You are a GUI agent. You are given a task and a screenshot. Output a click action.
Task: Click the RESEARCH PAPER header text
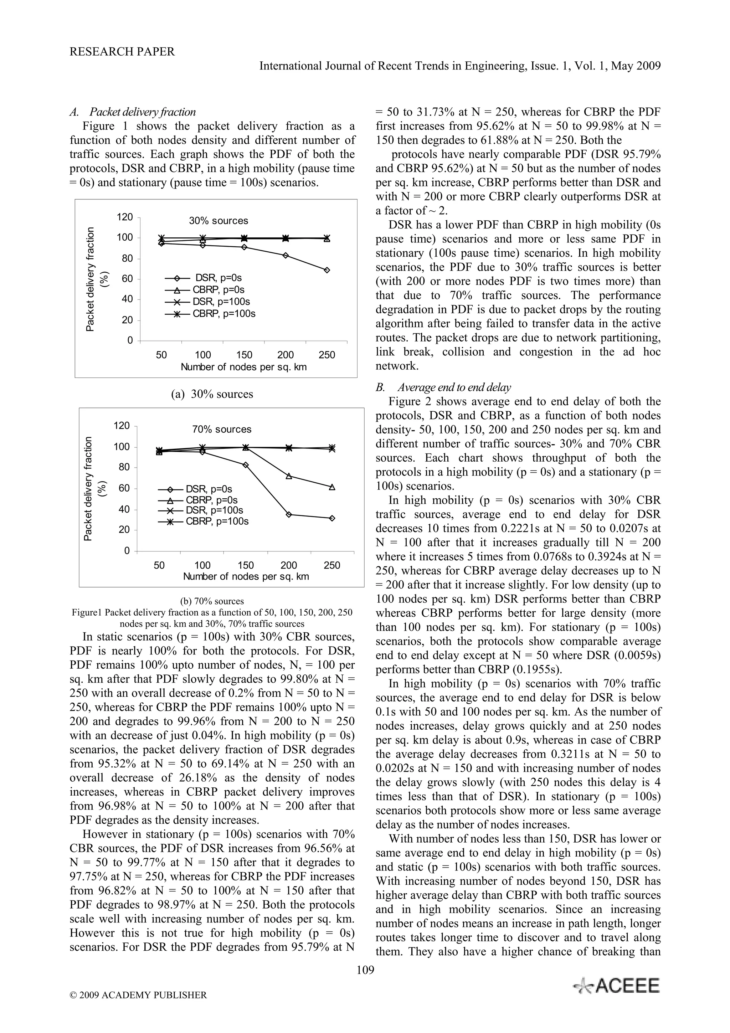coord(122,52)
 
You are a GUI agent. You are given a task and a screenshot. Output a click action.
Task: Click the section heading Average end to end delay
coord(454,387)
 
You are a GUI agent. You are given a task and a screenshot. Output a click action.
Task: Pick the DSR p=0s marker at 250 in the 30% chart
coord(327,270)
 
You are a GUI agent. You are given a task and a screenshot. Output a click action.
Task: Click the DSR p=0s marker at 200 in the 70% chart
coord(289,514)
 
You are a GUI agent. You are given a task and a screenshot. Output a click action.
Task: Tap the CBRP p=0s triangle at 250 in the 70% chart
coord(332,487)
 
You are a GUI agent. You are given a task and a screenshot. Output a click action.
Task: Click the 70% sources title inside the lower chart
coord(222,429)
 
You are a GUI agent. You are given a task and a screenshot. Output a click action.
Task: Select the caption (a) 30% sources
coord(212,394)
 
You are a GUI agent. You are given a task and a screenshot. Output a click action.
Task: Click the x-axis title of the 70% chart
coord(246,576)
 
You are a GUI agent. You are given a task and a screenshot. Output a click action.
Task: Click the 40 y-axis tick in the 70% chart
coord(123,509)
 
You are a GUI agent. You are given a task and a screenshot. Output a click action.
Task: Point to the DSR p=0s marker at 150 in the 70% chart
coord(246,465)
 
